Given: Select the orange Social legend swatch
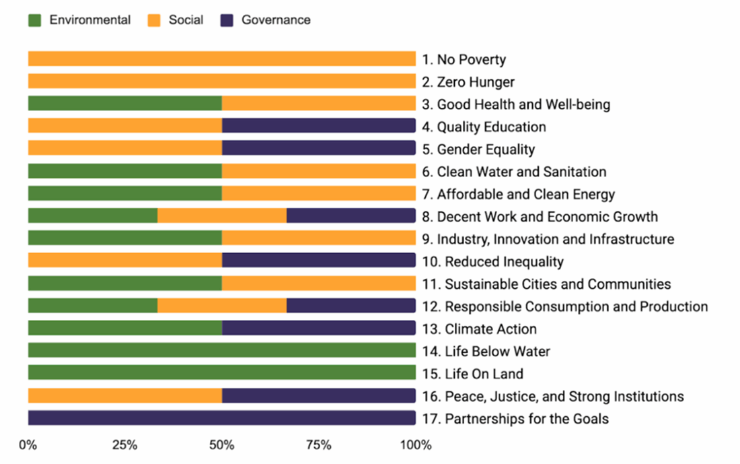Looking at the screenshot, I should tap(154, 20).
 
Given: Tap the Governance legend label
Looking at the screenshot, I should tap(276, 20).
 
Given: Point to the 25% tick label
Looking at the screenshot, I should tap(125, 445).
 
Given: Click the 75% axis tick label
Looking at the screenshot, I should tap(319, 445).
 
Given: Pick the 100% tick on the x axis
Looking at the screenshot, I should tap(416, 445).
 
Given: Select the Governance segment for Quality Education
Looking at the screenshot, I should tap(319, 126).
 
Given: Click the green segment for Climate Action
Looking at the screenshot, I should tap(125, 329).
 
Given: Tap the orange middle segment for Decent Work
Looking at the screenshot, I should tap(222, 216).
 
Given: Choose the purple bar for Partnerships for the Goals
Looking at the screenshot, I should tap(222, 418).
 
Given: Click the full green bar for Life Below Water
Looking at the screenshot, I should tap(222, 351).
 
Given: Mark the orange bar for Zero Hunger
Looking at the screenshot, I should tap(222, 81).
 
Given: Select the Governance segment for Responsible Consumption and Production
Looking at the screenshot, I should tap(351, 306).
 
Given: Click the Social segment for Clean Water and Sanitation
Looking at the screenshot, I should tap(319, 171).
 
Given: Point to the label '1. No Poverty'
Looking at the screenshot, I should tap(464, 59).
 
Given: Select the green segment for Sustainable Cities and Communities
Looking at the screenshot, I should tap(125, 284).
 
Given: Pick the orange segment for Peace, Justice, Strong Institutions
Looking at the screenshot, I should tap(125, 396).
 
